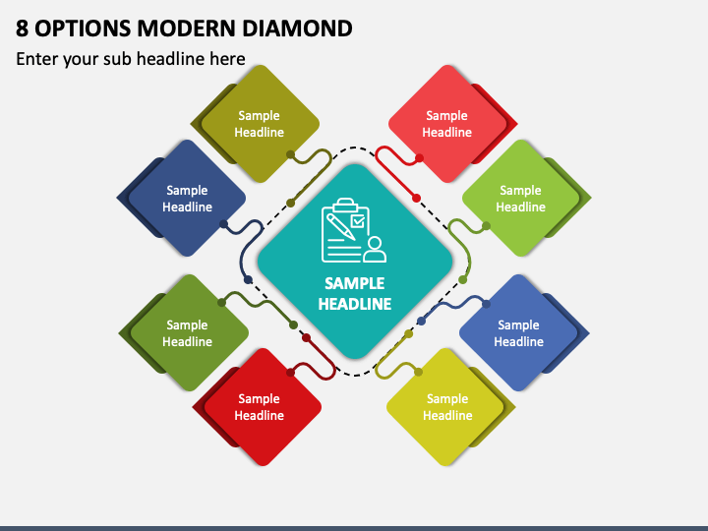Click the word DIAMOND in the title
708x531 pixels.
(x=297, y=28)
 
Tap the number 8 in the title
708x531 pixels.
(x=22, y=28)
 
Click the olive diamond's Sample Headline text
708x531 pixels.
(x=260, y=124)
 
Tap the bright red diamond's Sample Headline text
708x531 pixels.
(x=447, y=124)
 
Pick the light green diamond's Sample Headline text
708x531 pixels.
(x=520, y=199)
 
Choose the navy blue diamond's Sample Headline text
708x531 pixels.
(x=188, y=199)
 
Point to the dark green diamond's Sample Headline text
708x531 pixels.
(x=188, y=333)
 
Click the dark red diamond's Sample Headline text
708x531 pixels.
(x=260, y=407)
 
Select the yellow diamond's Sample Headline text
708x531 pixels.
(x=447, y=407)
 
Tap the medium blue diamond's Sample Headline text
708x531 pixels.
(x=519, y=333)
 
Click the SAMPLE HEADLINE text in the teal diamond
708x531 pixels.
(x=355, y=293)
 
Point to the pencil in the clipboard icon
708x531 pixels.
(x=341, y=227)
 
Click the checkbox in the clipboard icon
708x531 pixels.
(x=358, y=221)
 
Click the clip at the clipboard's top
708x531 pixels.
(x=345, y=205)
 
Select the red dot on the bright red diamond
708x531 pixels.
(x=420, y=158)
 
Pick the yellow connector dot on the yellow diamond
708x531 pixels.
(x=419, y=372)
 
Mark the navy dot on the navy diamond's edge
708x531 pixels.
(x=223, y=224)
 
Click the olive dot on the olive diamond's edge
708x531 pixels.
(x=291, y=155)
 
